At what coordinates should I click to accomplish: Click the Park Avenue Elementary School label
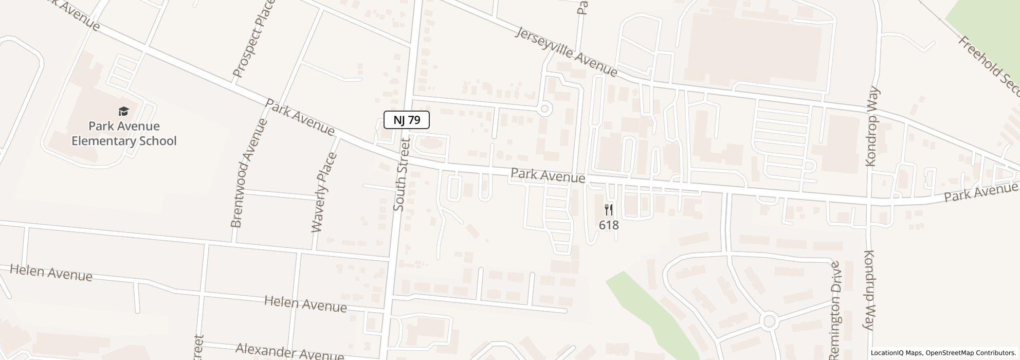pos(123,134)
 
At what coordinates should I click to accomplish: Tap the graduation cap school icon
pos(123,111)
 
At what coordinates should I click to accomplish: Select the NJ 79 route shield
pos(407,120)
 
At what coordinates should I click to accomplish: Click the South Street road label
pos(400,174)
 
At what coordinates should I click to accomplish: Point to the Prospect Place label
pos(254,39)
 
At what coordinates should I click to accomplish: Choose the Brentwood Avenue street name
pos(249,173)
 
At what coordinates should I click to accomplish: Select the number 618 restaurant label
pos(609,225)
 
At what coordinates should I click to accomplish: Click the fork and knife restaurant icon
pos(609,209)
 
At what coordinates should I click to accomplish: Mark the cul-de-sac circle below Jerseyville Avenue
pos(545,109)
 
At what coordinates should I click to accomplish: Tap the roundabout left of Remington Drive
pos(769,321)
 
